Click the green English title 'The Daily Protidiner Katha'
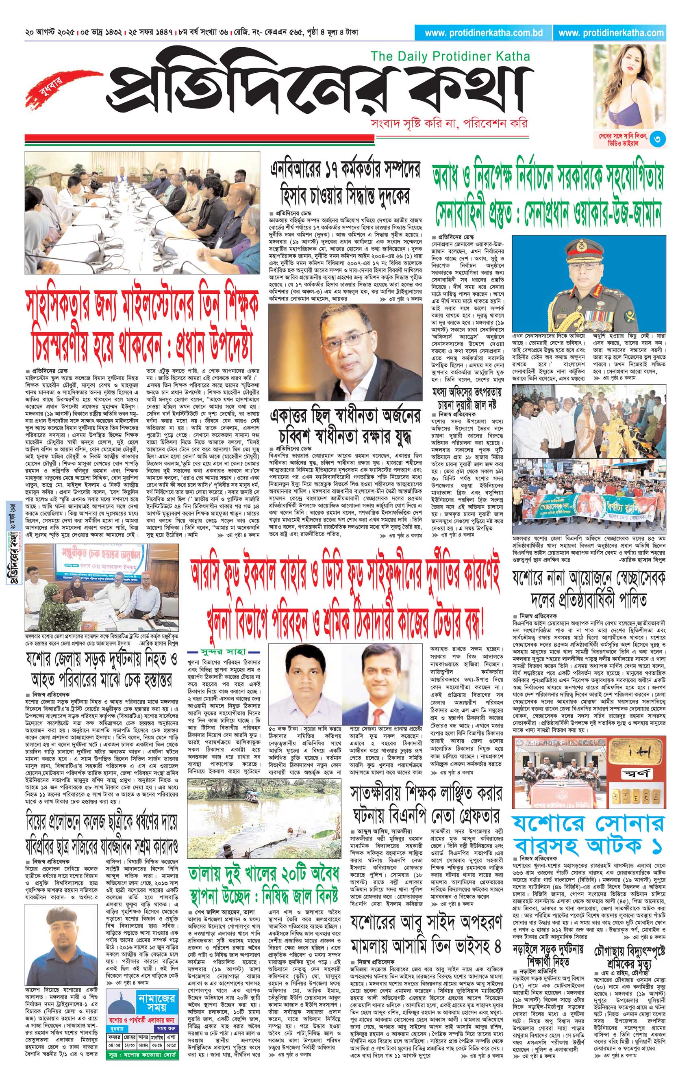coord(450,56)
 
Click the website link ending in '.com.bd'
coord(484,32)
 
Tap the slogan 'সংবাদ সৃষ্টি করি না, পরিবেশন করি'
coord(448,123)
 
